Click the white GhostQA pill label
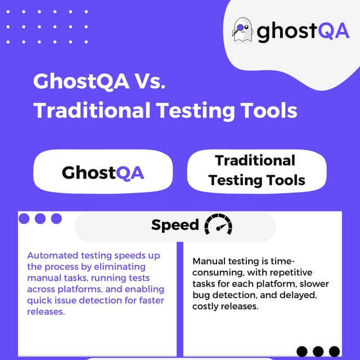(102, 172)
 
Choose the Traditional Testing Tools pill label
(256, 170)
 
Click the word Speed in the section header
(175, 225)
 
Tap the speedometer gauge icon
(218, 226)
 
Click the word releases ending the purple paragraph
(46, 312)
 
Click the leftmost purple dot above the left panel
(24, 218)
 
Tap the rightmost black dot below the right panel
(335, 351)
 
